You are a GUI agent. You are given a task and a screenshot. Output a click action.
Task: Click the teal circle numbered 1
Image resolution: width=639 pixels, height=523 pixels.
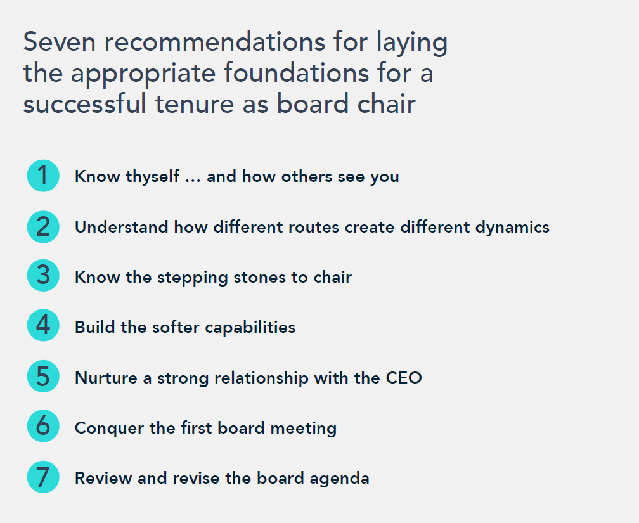[x=43, y=176]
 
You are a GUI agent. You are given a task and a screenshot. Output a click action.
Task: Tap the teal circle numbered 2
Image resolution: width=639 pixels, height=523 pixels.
[x=43, y=227]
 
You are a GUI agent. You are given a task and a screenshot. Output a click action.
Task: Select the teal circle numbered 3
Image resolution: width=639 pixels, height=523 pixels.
[x=43, y=275]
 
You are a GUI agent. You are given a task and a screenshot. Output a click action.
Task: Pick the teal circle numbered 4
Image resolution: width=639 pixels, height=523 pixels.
[x=43, y=325]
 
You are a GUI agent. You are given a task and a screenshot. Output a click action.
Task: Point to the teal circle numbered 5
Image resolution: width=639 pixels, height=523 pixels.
[x=43, y=377]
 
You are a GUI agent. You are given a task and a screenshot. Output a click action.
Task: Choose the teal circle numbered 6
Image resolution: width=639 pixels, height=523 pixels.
[x=43, y=426]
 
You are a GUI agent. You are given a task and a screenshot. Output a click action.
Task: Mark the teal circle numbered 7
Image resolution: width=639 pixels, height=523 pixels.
[x=43, y=477]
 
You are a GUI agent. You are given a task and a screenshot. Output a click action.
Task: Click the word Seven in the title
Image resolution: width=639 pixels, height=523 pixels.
[x=60, y=42]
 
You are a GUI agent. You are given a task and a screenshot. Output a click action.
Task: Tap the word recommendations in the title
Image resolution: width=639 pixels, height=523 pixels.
[x=215, y=42]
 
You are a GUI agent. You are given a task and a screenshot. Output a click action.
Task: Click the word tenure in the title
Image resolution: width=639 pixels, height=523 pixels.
[x=195, y=103]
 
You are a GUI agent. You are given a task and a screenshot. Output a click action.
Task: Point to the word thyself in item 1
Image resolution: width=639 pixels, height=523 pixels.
[x=152, y=177]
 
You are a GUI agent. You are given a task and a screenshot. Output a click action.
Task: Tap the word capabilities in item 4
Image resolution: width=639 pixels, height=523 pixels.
[x=250, y=328]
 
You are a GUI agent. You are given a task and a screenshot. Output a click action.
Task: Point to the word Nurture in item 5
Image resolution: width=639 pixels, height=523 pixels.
[x=106, y=378]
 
